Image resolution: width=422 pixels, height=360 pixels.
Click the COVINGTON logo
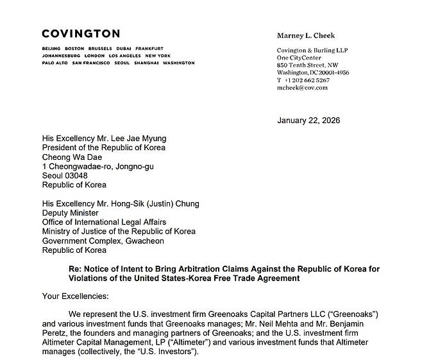point(81,34)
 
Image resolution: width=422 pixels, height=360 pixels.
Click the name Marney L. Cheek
point(306,36)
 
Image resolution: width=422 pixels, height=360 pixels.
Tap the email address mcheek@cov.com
point(302,88)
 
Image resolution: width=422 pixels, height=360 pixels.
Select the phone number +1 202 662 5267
point(307,80)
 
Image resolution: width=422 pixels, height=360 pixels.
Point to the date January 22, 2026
point(308,121)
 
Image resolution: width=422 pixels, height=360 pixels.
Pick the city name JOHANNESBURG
point(60,56)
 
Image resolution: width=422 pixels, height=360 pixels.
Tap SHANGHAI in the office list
point(146,64)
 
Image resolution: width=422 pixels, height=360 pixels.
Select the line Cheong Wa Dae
point(71,157)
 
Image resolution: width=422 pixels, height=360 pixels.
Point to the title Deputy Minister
point(71,213)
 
